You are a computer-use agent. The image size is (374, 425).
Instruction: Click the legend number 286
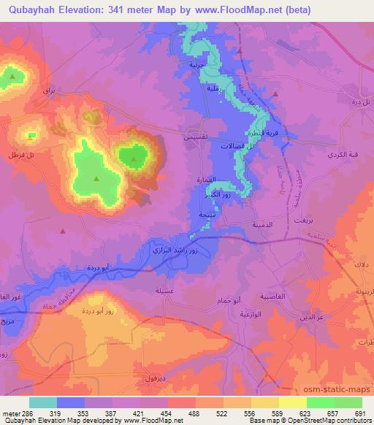tap(20, 413)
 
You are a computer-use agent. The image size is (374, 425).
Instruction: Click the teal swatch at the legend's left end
tap(43, 402)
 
